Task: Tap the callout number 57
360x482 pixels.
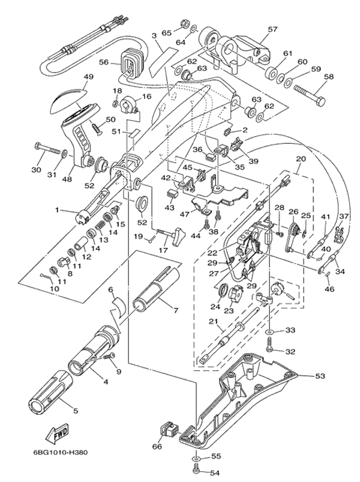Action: click(274, 29)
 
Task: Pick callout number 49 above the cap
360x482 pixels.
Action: click(89, 77)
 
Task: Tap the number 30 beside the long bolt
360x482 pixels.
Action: click(36, 170)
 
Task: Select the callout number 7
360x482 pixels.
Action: click(175, 310)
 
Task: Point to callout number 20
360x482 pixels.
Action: click(301, 159)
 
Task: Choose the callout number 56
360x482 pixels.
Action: click(103, 61)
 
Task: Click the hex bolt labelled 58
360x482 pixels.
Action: click(310, 92)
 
